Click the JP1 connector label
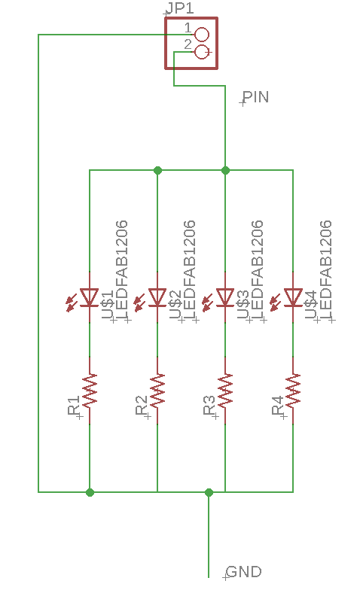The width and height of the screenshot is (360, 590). click(180, 8)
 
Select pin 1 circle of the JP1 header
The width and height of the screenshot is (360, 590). click(202, 35)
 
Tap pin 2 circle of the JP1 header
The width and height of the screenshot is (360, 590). click(202, 51)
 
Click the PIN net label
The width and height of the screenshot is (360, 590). click(256, 97)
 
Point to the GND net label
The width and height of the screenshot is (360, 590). click(244, 572)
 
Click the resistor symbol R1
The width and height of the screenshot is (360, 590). click(90, 390)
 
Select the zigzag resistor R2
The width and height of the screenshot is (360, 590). click(157, 390)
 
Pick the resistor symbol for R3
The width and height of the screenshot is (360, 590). click(225, 390)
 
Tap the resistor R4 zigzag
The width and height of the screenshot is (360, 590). click(293, 390)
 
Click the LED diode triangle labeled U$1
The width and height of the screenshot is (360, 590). click(90, 297)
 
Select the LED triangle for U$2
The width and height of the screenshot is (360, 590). click(157, 297)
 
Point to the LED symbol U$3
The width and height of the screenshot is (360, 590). click(225, 297)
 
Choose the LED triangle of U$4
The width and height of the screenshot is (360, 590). click(293, 297)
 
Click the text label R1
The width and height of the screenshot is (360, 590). click(74, 405)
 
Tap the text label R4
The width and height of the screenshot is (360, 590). click(277, 405)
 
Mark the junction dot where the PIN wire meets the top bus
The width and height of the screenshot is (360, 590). click(225, 170)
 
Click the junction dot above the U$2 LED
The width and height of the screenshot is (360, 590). click(158, 170)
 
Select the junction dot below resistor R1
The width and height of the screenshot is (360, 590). click(90, 492)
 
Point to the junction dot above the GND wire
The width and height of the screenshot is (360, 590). click(209, 492)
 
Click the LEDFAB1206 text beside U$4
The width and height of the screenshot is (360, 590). click(325, 270)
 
